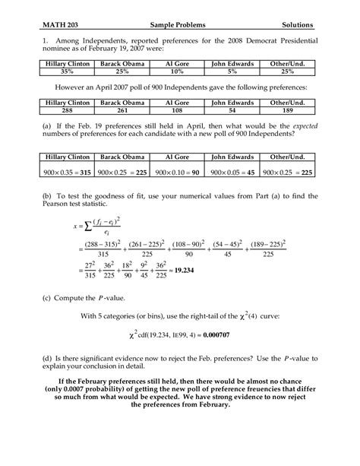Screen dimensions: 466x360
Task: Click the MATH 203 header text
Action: [x=62, y=24]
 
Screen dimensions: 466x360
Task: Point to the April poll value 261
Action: [x=123, y=109]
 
